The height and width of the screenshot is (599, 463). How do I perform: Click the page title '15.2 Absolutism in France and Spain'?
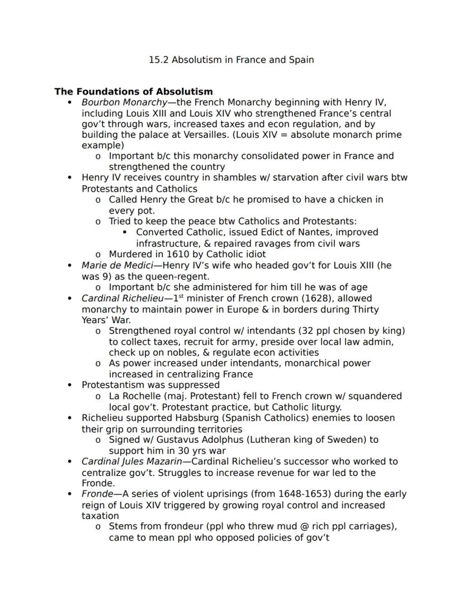231,60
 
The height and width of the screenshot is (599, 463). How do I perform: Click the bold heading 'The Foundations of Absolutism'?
133,91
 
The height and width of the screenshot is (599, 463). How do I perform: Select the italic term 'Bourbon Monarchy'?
124,102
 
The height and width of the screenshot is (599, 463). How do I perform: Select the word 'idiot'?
254,254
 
